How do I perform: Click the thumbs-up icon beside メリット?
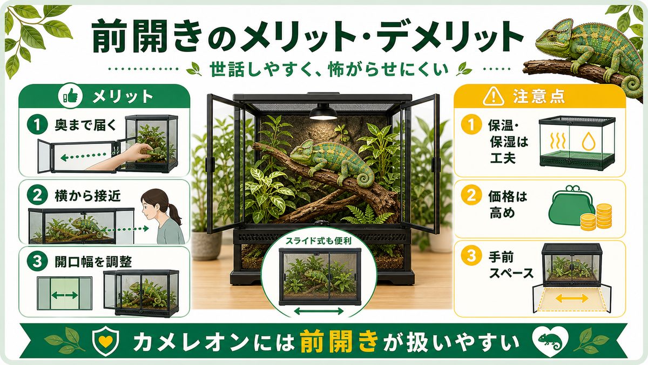70,97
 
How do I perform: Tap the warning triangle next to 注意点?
493,97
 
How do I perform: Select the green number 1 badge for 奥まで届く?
37,125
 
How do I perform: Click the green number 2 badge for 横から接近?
37,196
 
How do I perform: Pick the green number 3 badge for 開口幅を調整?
37,261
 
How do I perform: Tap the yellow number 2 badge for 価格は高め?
471,196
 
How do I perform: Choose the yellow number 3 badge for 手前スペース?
471,257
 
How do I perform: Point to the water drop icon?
589,141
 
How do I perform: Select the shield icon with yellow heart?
105,341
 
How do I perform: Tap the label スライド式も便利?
318,241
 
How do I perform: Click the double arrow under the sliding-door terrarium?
319,311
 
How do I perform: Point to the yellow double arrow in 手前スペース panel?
572,298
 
